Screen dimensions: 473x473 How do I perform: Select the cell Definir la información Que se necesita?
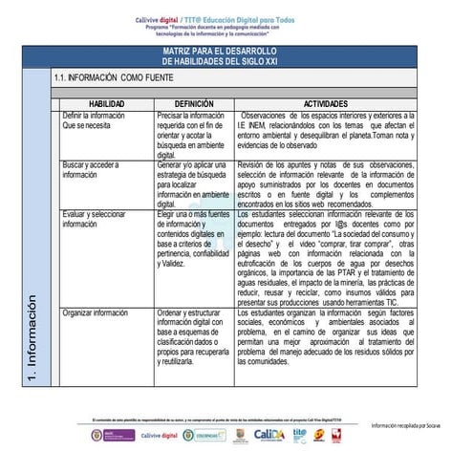(x=94, y=119)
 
